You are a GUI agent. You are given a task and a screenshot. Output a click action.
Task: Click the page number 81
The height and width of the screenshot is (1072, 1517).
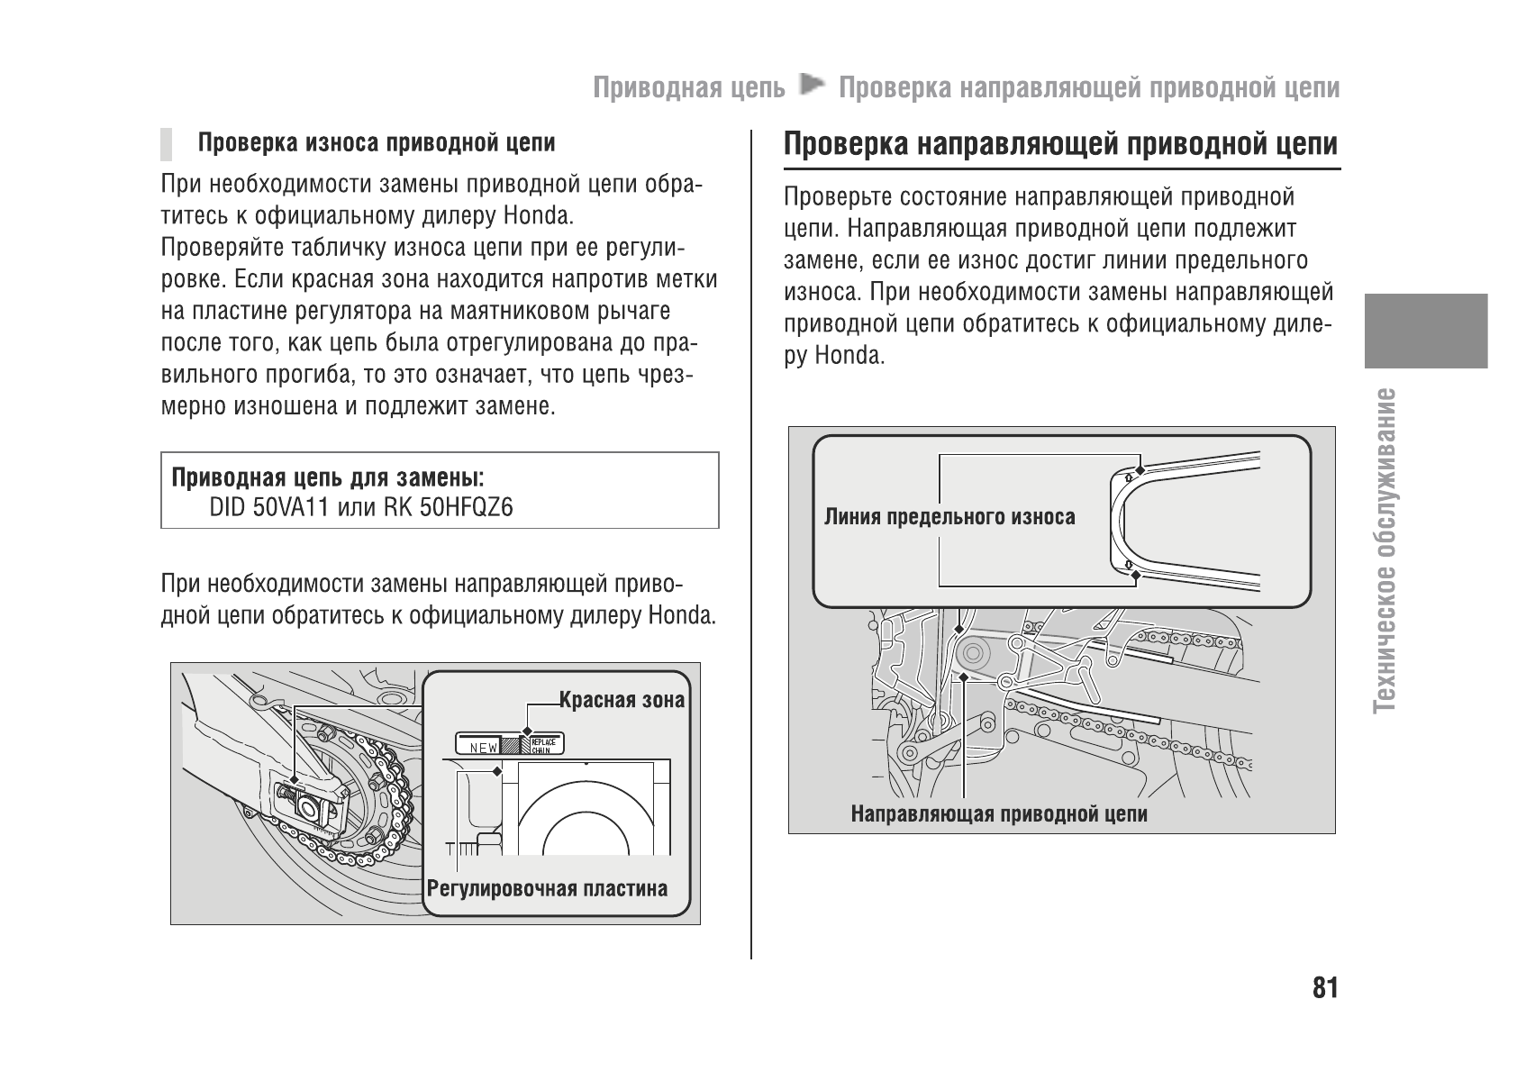(1325, 988)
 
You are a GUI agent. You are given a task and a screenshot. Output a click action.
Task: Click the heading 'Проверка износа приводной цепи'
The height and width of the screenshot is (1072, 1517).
(377, 143)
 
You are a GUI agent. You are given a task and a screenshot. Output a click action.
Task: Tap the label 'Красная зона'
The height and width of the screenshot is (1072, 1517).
(622, 700)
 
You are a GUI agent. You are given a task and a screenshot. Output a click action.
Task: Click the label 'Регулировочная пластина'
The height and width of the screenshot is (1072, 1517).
(548, 889)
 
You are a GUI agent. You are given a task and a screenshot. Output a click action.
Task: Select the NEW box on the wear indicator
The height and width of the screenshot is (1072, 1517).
(478, 746)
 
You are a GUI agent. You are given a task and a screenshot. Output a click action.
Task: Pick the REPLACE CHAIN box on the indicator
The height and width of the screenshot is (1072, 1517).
(542, 745)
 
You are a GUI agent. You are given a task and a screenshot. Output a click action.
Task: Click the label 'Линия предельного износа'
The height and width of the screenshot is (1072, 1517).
(949, 517)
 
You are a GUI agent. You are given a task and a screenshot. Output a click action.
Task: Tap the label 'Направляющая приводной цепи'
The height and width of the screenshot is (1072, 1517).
(999, 814)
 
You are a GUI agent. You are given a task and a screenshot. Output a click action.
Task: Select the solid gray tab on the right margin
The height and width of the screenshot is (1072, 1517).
(1425, 331)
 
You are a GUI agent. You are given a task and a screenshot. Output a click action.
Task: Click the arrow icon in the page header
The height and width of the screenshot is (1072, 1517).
(812, 86)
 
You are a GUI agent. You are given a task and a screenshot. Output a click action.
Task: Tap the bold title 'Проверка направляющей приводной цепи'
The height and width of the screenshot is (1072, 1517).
(1060, 145)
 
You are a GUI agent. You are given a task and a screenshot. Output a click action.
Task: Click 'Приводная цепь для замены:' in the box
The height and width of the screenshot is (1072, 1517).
(327, 477)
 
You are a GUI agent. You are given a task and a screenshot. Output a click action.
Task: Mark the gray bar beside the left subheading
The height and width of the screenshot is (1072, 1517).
(167, 143)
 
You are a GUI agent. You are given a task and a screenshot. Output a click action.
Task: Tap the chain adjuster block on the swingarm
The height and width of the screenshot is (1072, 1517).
(311, 805)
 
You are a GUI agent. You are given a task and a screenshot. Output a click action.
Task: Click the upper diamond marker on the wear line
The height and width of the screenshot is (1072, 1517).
(1140, 469)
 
